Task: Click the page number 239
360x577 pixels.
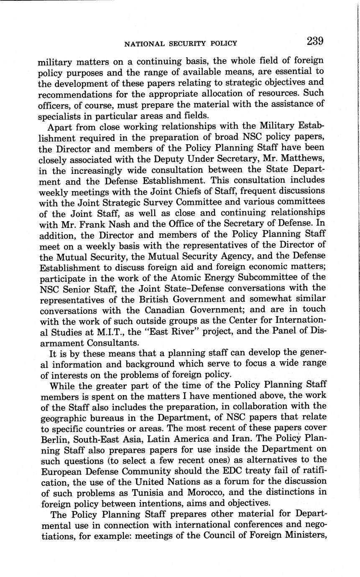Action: (x=315, y=41)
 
